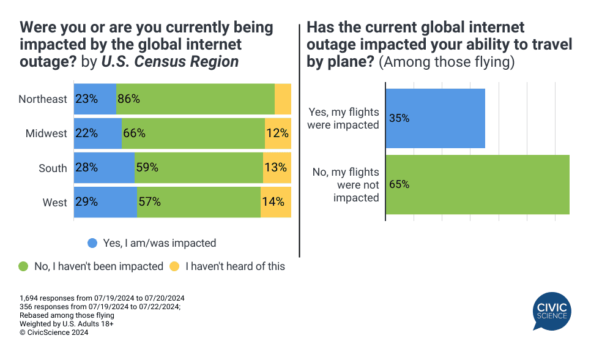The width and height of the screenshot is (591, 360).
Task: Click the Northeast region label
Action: pyautogui.click(x=43, y=99)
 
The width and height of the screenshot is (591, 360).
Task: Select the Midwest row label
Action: pyautogui.click(x=46, y=133)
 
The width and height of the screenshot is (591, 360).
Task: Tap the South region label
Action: pyautogui.click(x=53, y=168)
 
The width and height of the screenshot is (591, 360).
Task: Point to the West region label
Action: pyautogui.click(x=54, y=202)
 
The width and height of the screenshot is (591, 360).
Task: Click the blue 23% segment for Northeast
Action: pyautogui.click(x=95, y=99)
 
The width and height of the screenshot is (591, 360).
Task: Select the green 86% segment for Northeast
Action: pyautogui.click(x=195, y=99)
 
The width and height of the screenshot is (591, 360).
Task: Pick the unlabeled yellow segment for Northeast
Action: pyautogui.click(x=283, y=99)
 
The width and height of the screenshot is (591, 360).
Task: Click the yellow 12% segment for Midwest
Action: pyautogui.click(x=278, y=133)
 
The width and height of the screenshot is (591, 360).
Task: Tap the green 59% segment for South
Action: pyautogui.click(x=199, y=168)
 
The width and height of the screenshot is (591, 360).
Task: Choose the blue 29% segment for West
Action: pyautogui.click(x=105, y=202)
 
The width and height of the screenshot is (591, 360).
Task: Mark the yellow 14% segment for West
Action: pyautogui.click(x=275, y=202)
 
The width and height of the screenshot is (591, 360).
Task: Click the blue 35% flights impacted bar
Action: pyautogui.click(x=436, y=119)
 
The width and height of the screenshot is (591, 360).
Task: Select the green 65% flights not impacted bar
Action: pyautogui.click(x=478, y=184)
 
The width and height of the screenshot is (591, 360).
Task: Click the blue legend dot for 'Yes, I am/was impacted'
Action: pyautogui.click(x=92, y=243)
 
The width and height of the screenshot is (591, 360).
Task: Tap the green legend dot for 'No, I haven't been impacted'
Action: pyautogui.click(x=23, y=266)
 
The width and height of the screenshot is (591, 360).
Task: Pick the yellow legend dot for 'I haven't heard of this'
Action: pyautogui.click(x=174, y=266)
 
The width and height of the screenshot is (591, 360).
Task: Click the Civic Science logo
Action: pyautogui.click(x=552, y=311)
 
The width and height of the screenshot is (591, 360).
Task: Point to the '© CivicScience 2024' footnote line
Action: pyautogui.click(x=54, y=332)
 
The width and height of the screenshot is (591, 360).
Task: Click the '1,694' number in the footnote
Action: pyautogui.click(x=29, y=298)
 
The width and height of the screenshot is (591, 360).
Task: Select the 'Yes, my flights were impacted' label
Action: pyautogui.click(x=343, y=119)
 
